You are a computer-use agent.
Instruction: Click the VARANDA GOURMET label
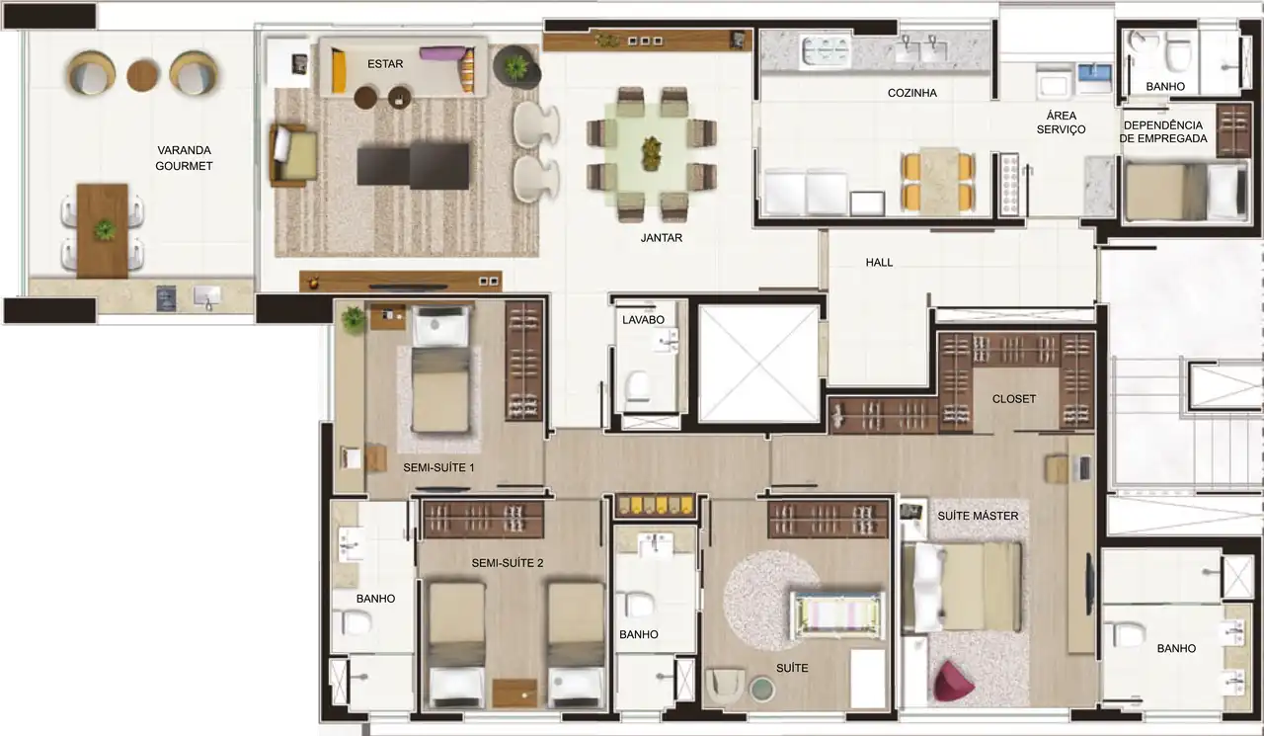[184, 158]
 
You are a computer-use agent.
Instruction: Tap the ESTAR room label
[384, 63]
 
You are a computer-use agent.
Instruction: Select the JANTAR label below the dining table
[661, 238]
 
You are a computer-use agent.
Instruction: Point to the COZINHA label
[911, 93]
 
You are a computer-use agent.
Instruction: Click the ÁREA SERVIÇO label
[1060, 123]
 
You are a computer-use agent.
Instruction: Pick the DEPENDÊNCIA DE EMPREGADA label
[1162, 131]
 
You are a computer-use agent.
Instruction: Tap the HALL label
[878, 263]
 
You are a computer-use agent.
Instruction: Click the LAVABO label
[643, 320]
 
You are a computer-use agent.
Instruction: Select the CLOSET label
[1014, 399]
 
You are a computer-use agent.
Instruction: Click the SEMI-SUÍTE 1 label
[438, 467]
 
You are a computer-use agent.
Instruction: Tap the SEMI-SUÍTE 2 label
[508, 563]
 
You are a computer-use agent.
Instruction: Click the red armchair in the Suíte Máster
[952, 681]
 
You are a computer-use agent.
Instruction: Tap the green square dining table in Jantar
[652, 153]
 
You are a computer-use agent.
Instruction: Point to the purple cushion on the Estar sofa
[440, 53]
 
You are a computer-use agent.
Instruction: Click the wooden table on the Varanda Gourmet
[103, 230]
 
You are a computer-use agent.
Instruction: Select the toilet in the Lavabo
[638, 384]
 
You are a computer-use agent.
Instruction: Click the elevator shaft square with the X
[758, 363]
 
